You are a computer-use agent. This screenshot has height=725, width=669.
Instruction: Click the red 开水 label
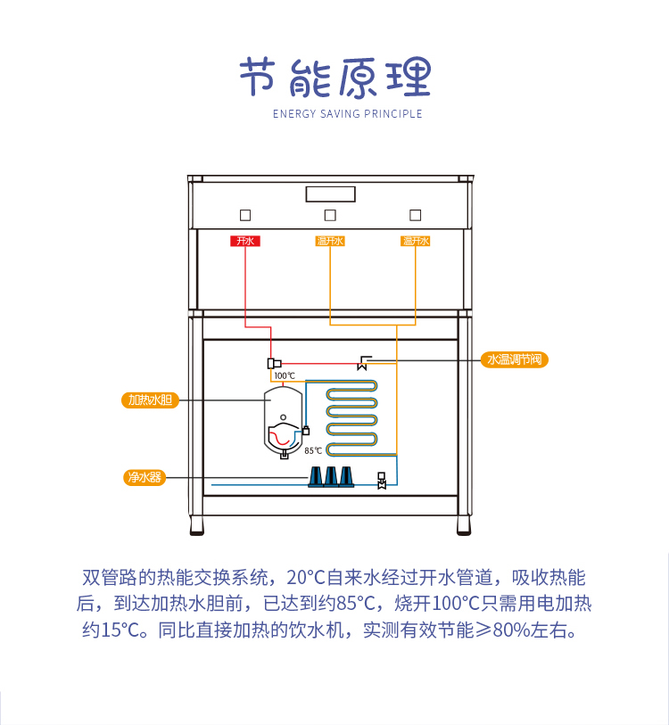(x=244, y=241)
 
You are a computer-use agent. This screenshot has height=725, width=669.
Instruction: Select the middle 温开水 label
(x=330, y=241)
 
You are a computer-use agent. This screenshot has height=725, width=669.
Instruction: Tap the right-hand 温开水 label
(x=416, y=241)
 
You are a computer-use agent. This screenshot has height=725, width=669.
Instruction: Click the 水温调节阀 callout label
(x=513, y=359)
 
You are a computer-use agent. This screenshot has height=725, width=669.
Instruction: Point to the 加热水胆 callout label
(x=149, y=400)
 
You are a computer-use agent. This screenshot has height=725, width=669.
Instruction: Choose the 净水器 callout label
(x=144, y=477)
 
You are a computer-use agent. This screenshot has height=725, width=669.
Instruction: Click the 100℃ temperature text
(x=285, y=375)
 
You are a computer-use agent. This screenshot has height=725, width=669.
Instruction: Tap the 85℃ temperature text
(x=313, y=451)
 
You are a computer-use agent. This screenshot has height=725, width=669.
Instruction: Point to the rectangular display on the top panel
(x=330, y=194)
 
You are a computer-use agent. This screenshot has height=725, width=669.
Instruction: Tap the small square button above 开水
(x=244, y=215)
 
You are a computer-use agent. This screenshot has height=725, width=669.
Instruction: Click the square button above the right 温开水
(x=415, y=215)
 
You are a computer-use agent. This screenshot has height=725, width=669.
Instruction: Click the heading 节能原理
(x=334, y=78)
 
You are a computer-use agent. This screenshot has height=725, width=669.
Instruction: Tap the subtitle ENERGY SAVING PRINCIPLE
(x=347, y=114)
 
